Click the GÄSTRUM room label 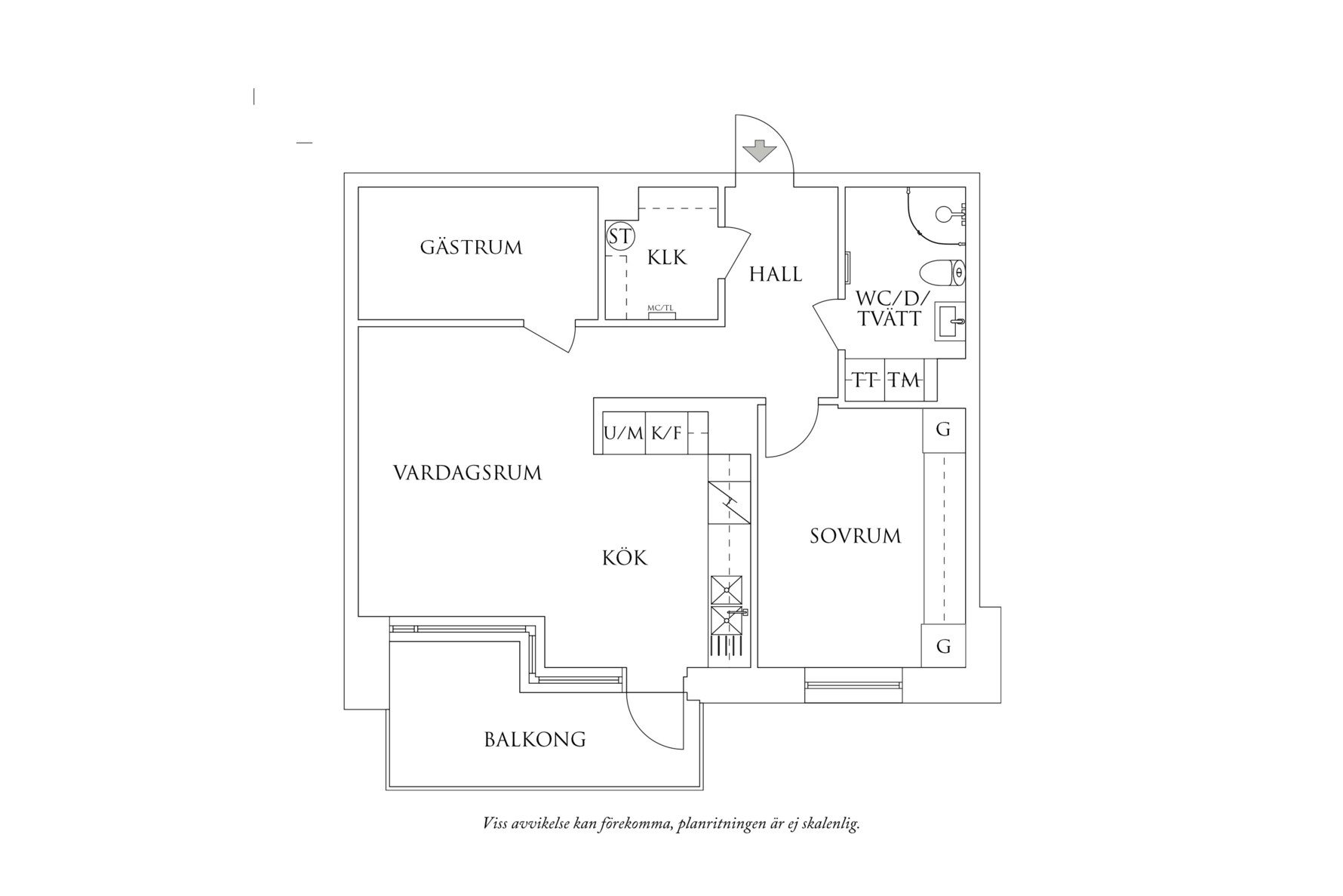pyautogui.click(x=471, y=248)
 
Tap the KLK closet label pyautogui.click(x=667, y=258)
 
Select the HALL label pyautogui.click(x=775, y=274)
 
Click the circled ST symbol pyautogui.click(x=620, y=237)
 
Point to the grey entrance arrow pyautogui.click(x=759, y=151)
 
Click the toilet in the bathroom pyautogui.click(x=943, y=272)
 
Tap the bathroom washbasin pyautogui.click(x=950, y=322)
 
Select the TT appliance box pyautogui.click(x=865, y=380)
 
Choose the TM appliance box pyautogui.click(x=904, y=380)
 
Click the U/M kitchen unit pyautogui.click(x=623, y=433)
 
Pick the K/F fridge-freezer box pyautogui.click(x=666, y=433)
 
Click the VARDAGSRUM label pyautogui.click(x=468, y=473)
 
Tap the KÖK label pyautogui.click(x=625, y=559)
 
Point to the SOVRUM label pyautogui.click(x=856, y=536)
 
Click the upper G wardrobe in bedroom pyautogui.click(x=943, y=430)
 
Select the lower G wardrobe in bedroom pyautogui.click(x=943, y=646)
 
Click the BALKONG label pyautogui.click(x=535, y=740)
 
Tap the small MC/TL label pyautogui.click(x=661, y=308)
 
